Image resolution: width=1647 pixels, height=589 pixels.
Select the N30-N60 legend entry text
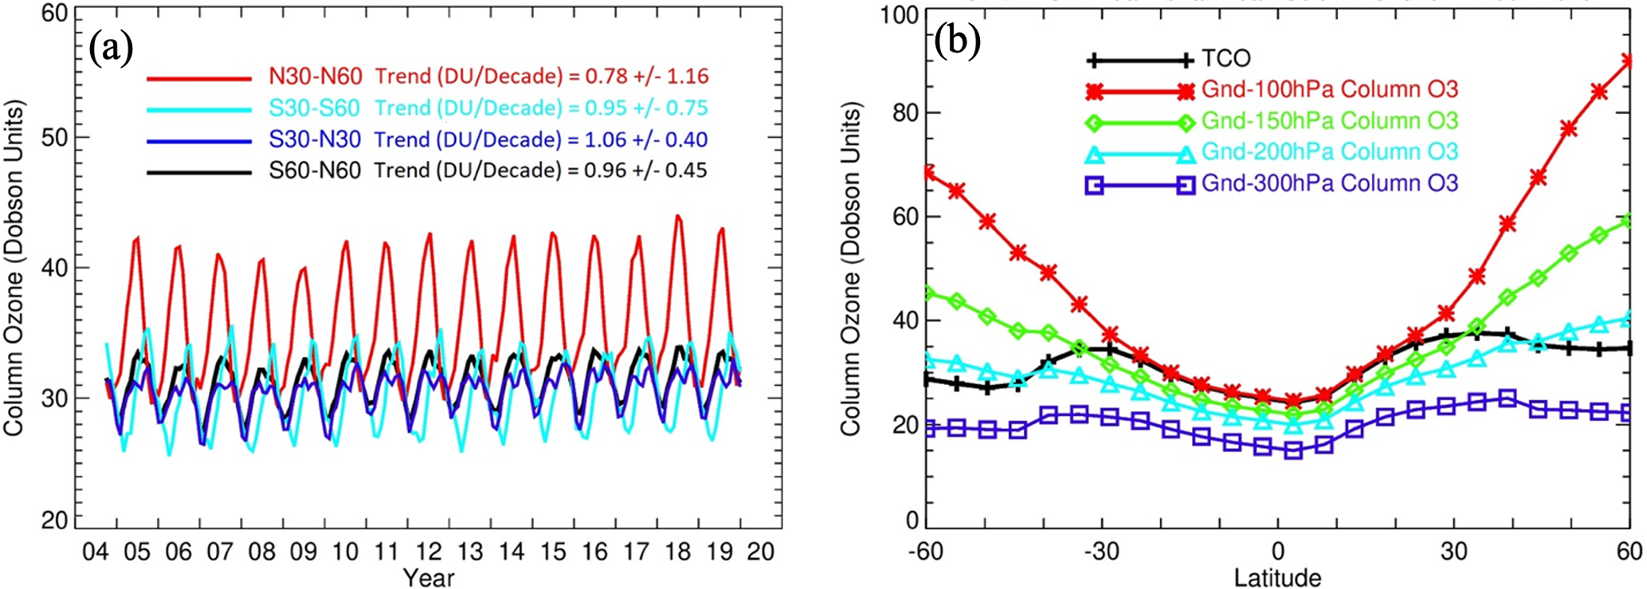(316, 77)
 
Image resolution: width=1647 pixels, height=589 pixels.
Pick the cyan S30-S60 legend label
(315, 108)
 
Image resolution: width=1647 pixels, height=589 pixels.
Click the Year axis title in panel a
(429, 577)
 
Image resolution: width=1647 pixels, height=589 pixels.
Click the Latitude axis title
(1277, 577)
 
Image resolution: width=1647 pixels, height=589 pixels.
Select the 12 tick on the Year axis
(429, 552)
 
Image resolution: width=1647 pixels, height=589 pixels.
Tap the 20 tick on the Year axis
(760, 552)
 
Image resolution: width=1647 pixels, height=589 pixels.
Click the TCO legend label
(1225, 59)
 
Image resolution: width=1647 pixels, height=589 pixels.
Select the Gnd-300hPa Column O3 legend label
(1329, 184)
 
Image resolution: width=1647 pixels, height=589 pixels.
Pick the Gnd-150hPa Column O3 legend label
(1329, 121)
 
